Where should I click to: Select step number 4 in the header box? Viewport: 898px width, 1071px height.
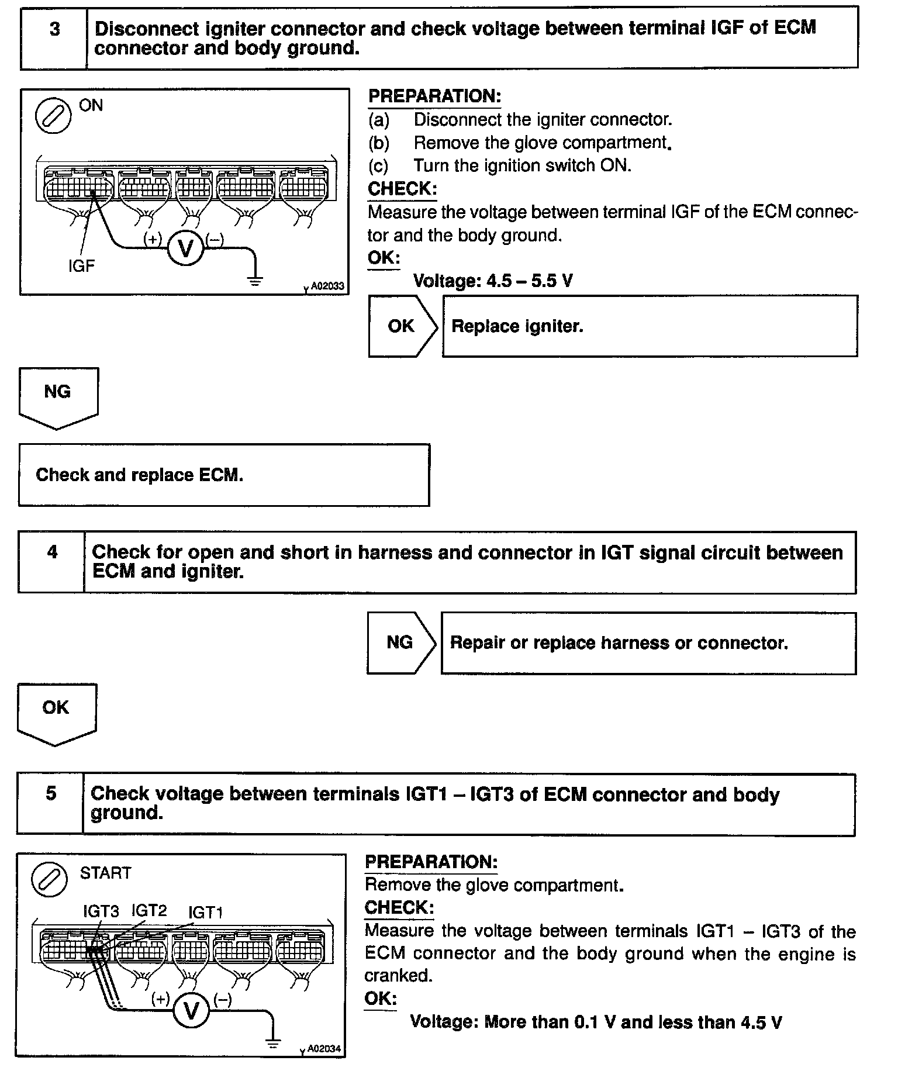[53, 552]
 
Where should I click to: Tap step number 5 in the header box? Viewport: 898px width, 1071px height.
[51, 793]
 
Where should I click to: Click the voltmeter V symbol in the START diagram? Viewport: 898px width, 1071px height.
[191, 1010]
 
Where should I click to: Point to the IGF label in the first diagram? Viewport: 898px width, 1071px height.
[81, 267]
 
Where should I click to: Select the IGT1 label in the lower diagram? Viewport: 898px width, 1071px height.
[205, 913]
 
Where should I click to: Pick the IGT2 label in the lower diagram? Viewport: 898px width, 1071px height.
[149, 910]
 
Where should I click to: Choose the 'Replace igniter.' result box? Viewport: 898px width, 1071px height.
[650, 326]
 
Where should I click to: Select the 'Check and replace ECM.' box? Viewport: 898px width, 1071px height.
[224, 475]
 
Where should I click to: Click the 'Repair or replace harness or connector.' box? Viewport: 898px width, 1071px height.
[648, 643]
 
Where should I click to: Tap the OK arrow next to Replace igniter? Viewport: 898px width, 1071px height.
[402, 326]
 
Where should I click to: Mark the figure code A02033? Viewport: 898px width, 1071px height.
[327, 286]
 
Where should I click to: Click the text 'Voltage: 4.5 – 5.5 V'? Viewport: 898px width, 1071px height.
[493, 281]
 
